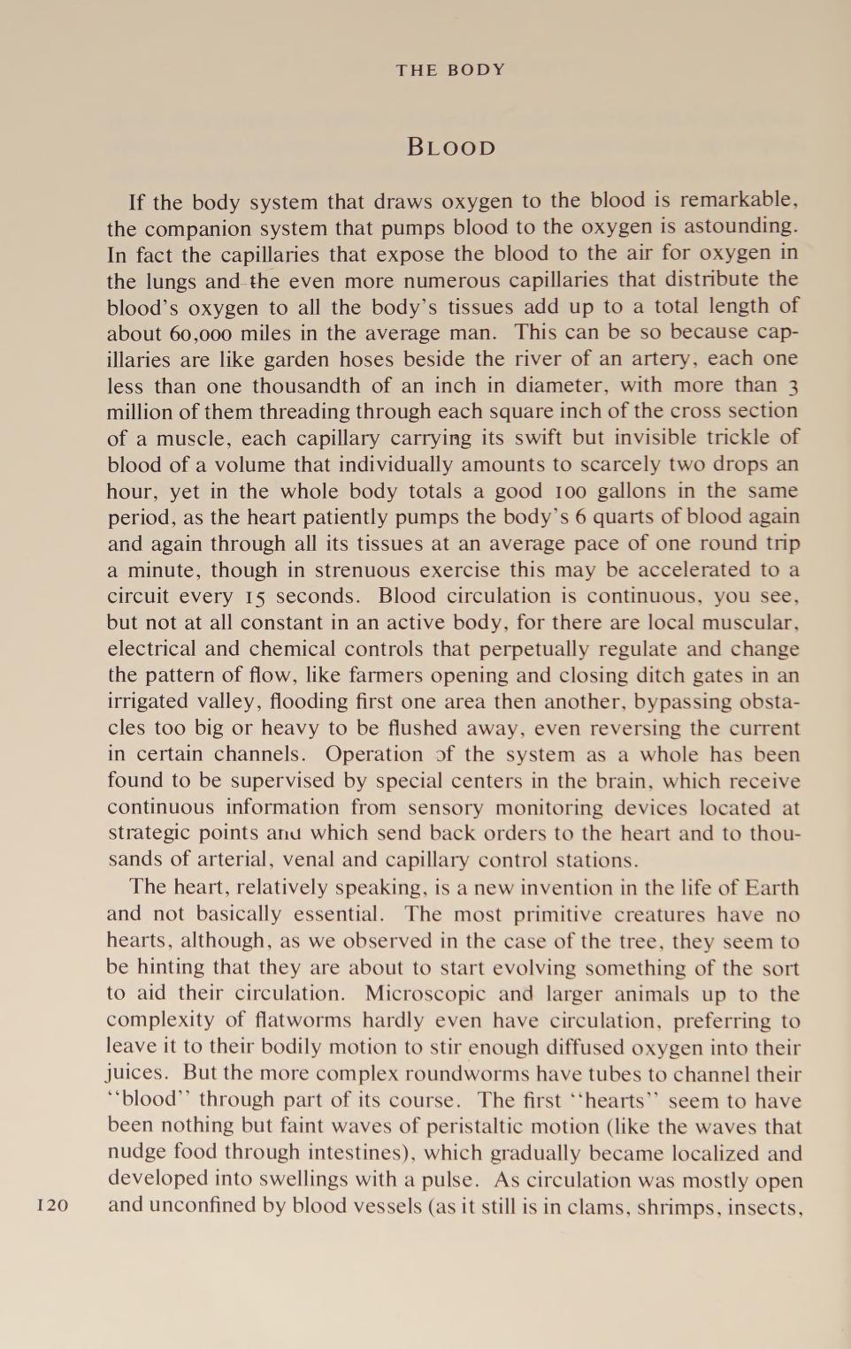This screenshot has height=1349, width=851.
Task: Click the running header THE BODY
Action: click(x=450, y=70)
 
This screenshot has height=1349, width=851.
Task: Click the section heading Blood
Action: click(x=451, y=147)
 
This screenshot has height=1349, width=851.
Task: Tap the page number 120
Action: click(x=53, y=1205)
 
